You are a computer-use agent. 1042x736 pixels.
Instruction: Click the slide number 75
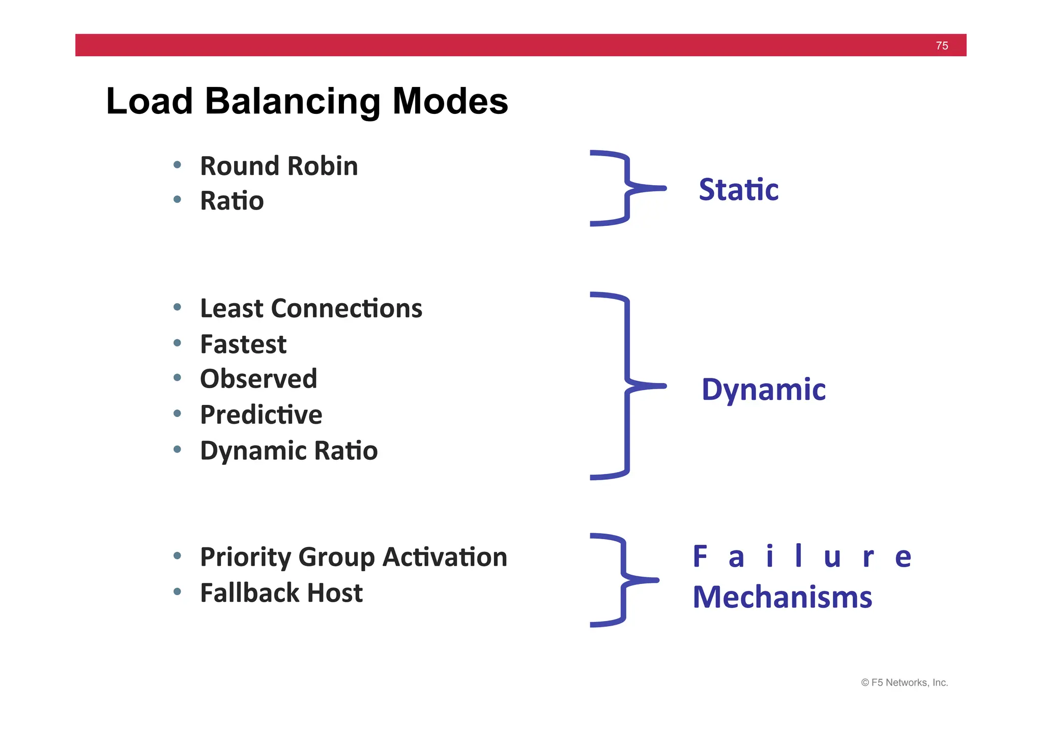[941, 46]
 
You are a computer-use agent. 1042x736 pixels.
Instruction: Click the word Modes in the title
[450, 101]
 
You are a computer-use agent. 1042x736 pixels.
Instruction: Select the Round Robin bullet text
[279, 166]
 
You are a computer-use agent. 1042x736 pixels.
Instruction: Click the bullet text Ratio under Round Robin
[232, 201]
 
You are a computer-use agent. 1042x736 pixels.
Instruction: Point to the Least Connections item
[311, 309]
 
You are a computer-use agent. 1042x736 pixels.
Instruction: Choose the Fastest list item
[243, 344]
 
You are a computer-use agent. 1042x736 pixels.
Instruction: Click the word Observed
[258, 379]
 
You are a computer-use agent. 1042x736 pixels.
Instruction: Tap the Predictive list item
[261, 415]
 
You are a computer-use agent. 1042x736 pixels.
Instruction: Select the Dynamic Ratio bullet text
[288, 451]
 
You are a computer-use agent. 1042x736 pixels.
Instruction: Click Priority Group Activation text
[354, 557]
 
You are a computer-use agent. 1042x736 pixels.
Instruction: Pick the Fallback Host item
[281, 593]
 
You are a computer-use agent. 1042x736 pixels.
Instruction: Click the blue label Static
[738, 190]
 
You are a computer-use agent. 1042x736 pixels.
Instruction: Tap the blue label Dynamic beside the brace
[763, 390]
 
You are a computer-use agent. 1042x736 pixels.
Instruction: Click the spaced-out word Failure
[802, 556]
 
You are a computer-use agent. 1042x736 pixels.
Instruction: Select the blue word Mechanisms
[782, 597]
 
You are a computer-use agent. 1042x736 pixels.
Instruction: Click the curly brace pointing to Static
[627, 188]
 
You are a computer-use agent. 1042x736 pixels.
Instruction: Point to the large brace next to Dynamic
[627, 386]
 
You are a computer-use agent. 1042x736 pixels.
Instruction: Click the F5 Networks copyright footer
[904, 683]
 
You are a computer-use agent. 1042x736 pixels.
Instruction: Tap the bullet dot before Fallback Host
[177, 592]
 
